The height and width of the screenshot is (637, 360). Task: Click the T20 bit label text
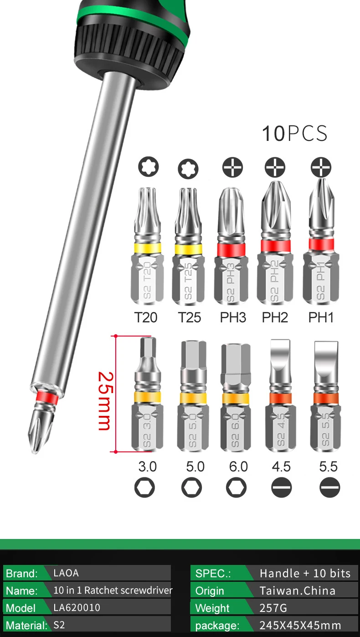click(x=146, y=317)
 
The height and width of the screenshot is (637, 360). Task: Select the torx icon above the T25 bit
click(x=188, y=169)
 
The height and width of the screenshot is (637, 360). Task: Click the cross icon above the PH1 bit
click(x=321, y=168)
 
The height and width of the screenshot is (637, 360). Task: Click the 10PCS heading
click(x=294, y=134)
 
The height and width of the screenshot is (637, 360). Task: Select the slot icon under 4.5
click(x=281, y=488)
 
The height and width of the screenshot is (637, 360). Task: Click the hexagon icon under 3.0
click(x=145, y=488)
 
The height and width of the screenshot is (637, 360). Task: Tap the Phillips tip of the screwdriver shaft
click(x=38, y=429)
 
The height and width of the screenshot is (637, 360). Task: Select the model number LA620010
click(x=77, y=607)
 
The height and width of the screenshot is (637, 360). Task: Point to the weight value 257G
click(x=273, y=608)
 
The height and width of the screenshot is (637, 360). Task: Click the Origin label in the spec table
click(x=210, y=591)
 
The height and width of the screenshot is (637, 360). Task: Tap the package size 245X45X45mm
click(x=300, y=625)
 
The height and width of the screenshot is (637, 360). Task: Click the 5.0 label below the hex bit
click(x=195, y=467)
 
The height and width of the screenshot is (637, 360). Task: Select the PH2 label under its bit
click(x=275, y=317)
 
